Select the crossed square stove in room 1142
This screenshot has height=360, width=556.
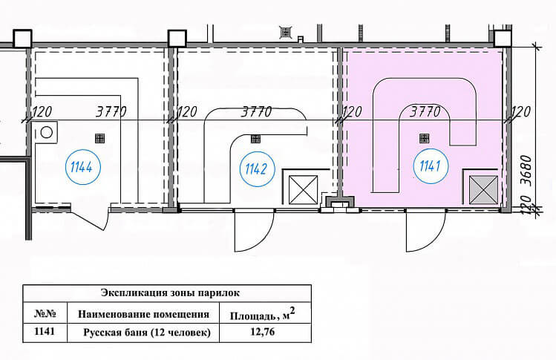coord(303,190)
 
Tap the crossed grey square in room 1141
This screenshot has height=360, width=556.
coord(480,189)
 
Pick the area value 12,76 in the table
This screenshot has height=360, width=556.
coord(262,333)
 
